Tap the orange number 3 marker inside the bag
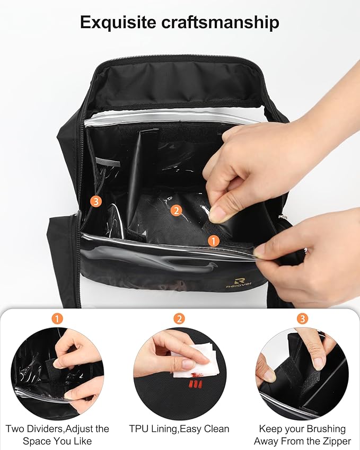click(x=96, y=201)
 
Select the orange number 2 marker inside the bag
click(x=176, y=210)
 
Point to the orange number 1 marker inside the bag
click(x=213, y=241)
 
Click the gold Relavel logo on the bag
click(x=239, y=283)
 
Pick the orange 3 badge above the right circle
click(x=302, y=318)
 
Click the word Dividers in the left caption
click(x=46, y=429)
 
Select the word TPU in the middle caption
click(x=139, y=429)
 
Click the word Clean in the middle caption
click(x=216, y=429)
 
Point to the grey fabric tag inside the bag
click(x=108, y=162)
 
